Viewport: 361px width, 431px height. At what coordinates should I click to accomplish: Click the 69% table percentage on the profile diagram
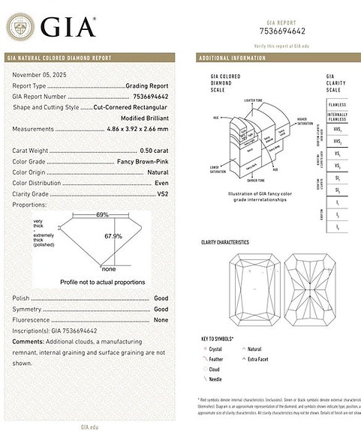pyautogui.click(x=101, y=214)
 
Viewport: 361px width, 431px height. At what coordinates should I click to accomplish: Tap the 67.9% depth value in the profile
pyautogui.click(x=113, y=235)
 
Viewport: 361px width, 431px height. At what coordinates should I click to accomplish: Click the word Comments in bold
pyautogui.click(x=29, y=341)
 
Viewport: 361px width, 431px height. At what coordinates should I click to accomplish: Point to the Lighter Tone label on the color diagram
pyautogui.click(x=254, y=100)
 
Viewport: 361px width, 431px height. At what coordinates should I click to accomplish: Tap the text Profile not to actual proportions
pyautogui.click(x=103, y=281)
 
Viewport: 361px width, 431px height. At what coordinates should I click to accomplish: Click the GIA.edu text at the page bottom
pyautogui.click(x=90, y=426)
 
